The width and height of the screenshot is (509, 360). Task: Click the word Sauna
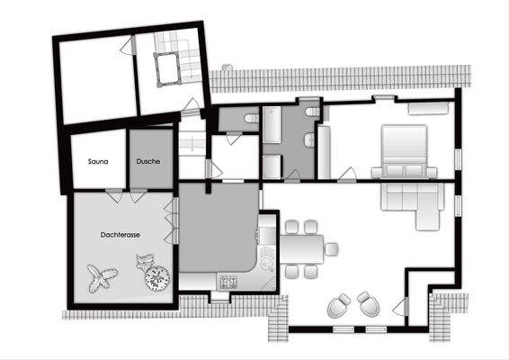coord(98,162)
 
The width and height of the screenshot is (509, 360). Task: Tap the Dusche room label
coord(148,162)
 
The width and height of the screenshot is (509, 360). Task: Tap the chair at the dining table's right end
coord(332,247)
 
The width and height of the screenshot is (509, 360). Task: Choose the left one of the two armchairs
coord(338,305)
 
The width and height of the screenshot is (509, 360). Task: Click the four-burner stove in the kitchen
coord(228,282)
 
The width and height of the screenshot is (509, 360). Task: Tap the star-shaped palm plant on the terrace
coord(101,277)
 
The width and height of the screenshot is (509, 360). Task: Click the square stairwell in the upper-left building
coord(165,67)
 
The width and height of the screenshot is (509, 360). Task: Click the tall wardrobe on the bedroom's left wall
coord(325,153)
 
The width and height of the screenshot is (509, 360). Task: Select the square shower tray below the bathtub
coord(272,166)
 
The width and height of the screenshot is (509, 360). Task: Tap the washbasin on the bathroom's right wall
coord(309,140)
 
